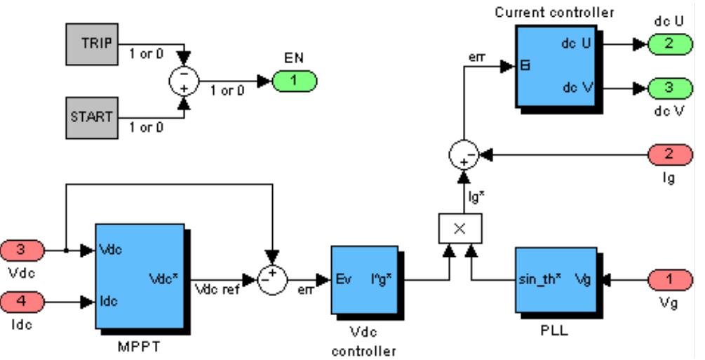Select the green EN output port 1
coord(295,80)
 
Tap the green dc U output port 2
coord(668,44)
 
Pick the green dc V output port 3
coord(668,88)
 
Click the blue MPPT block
coord(140,276)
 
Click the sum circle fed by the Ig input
coord(462,151)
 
